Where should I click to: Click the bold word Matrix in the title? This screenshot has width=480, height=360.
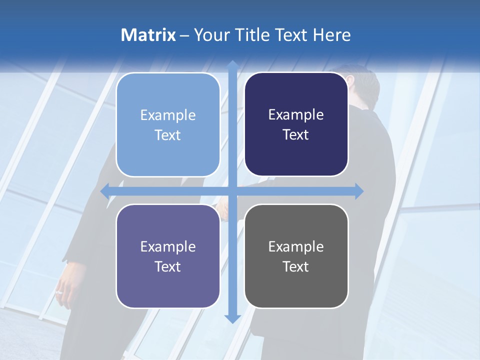pos(148,35)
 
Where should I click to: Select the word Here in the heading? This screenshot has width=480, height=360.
pos(331,35)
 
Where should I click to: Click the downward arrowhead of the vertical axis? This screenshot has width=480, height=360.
pos(232,318)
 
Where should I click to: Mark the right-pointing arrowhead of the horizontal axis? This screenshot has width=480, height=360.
pos(358,191)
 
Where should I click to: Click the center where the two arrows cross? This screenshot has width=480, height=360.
pos(232,191)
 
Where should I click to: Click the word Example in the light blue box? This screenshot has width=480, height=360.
pos(168,115)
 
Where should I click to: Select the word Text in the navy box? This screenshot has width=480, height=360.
pos(296,135)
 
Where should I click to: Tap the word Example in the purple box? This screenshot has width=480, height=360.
pos(168,247)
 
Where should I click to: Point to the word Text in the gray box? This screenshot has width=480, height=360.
pos(296,266)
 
